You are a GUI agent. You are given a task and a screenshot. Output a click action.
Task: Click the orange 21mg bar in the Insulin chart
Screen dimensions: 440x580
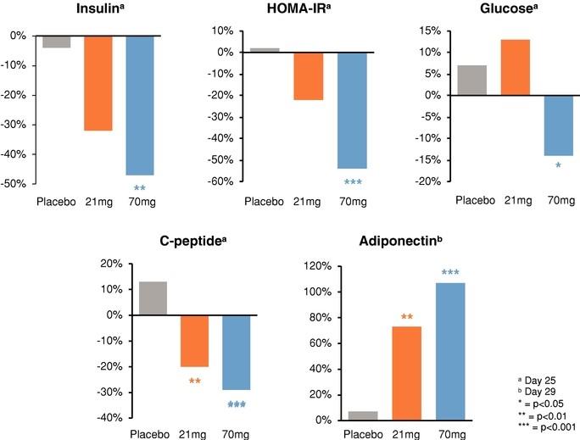pyautogui.click(x=98, y=83)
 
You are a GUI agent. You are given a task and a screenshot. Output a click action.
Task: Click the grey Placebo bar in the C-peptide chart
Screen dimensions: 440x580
pyautogui.click(x=152, y=298)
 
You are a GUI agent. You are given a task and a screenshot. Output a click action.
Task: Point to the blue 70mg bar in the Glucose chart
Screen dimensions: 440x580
pyautogui.click(x=559, y=125)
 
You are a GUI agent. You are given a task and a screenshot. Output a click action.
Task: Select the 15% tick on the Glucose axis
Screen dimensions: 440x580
pyautogui.click(x=427, y=31)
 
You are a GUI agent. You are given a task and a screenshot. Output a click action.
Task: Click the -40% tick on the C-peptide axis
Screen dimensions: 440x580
pyautogui.click(x=109, y=418)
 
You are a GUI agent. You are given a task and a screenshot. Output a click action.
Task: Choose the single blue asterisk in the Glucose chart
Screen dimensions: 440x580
pyautogui.click(x=558, y=166)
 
